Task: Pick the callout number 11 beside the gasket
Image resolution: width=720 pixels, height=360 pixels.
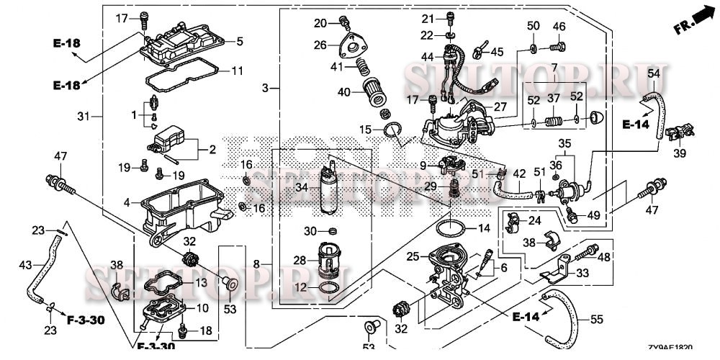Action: coord(236,71)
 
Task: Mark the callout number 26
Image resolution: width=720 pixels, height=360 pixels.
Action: coord(320,45)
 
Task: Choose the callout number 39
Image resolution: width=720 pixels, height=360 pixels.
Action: coord(680,153)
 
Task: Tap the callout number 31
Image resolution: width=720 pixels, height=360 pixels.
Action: coord(83,116)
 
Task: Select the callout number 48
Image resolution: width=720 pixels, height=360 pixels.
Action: coord(603,257)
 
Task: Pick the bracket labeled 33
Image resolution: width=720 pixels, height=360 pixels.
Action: coord(557,274)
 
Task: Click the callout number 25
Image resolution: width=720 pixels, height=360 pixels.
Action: coord(412,256)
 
